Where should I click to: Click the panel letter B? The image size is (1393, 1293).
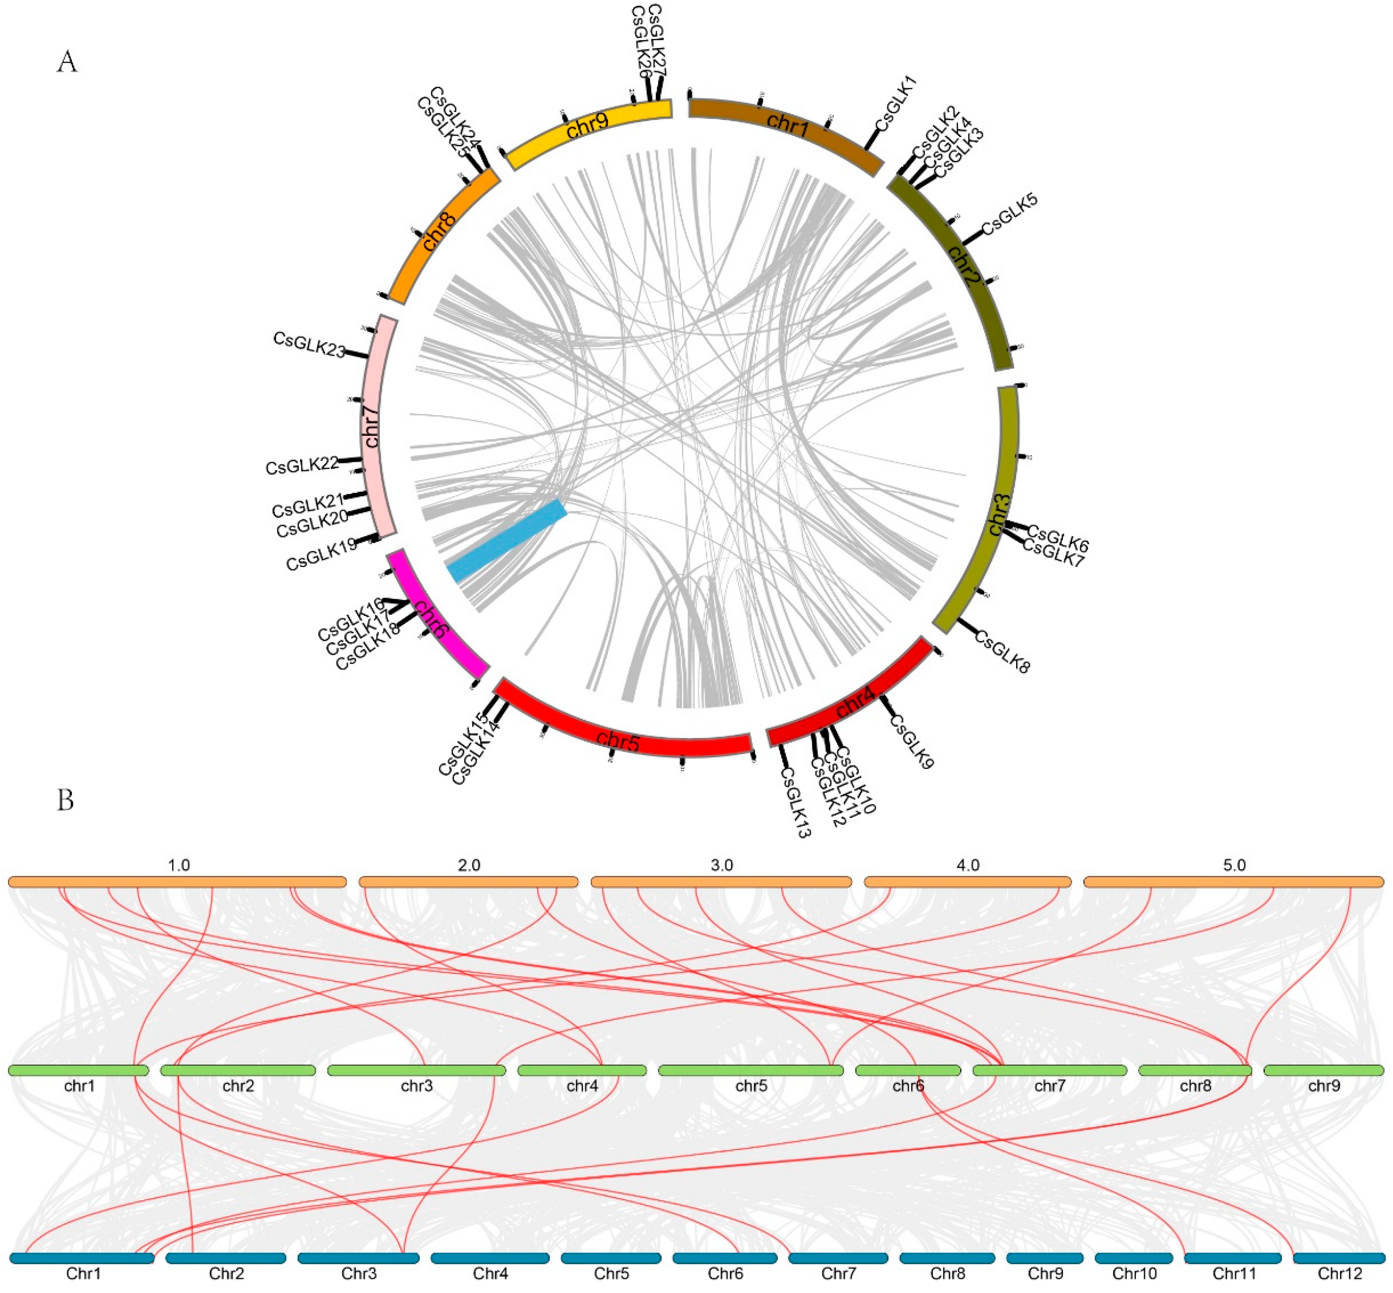65,800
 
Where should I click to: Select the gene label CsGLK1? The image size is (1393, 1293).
895,104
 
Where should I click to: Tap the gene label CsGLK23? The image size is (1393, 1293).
309,344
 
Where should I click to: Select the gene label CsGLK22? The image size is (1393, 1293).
302,465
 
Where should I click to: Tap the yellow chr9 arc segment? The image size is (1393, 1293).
588,133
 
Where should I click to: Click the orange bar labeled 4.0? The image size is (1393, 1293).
968,882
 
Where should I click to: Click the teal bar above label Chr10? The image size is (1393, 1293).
1134,1258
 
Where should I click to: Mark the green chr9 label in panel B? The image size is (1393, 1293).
1324,1085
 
